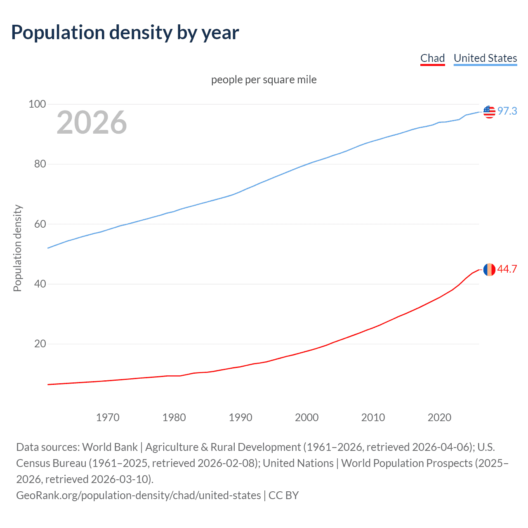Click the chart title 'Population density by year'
(125, 33)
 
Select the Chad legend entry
(432, 58)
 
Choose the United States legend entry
(485, 58)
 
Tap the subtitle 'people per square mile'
(264, 80)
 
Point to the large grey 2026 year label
(92, 123)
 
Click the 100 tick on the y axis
(37, 104)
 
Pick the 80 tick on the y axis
(40, 164)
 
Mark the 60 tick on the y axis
(40, 224)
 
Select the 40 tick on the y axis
(40, 284)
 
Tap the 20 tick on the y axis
(40, 344)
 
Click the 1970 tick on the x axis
(108, 417)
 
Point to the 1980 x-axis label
(174, 417)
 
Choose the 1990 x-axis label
(240, 417)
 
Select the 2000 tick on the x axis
(306, 417)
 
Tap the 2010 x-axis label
(373, 417)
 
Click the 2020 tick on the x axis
(439, 417)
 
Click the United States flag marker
(489, 112)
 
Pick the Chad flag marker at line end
(489, 270)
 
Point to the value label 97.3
(507, 111)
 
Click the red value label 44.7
(507, 269)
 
